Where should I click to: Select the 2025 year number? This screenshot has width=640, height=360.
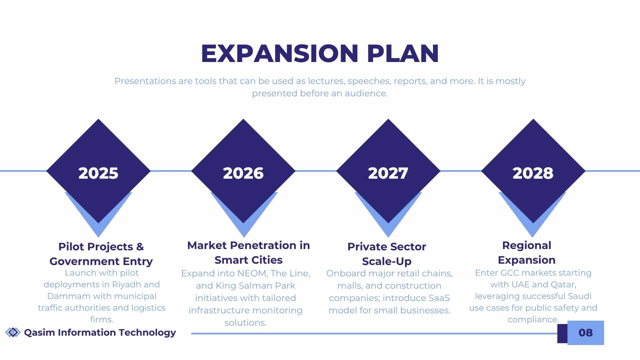coord(98,173)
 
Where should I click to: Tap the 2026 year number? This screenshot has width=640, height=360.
coord(243,173)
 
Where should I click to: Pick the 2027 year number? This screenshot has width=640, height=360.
coord(388,173)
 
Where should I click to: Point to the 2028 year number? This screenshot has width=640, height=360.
coord(533,173)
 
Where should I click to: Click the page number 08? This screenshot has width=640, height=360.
coord(586,333)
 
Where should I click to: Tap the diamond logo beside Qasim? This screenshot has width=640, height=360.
coord(13,332)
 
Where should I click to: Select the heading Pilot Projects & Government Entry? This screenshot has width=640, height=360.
coord(101,254)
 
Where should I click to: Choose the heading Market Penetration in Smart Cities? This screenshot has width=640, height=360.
coord(249,253)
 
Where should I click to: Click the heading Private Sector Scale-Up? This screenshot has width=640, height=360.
coord(387,254)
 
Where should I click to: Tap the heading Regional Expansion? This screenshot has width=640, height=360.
coord(527,253)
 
